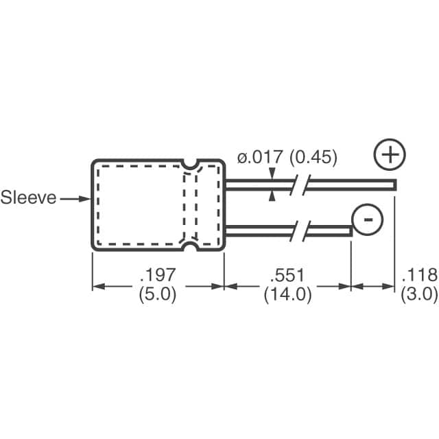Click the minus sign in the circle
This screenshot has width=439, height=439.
[368, 219]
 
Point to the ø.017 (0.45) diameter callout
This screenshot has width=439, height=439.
[287, 158]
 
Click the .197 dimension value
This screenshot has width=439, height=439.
[158, 276]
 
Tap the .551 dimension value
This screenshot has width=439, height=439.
[287, 276]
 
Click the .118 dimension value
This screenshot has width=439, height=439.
[419, 276]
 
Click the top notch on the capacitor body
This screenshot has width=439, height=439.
[190, 164]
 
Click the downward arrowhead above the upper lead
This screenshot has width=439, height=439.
[273, 176]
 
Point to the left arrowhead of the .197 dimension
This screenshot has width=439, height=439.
[97, 286]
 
